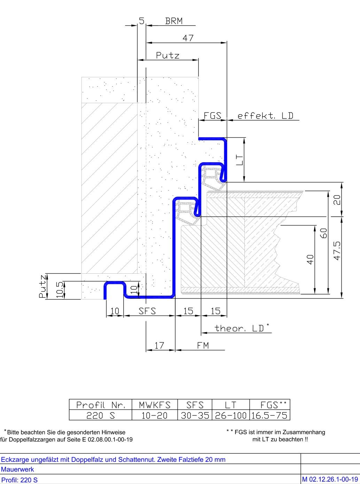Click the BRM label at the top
pos(174,21)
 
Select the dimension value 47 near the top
pos(188,38)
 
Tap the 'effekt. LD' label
pos(265,116)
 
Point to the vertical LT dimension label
pos(239,160)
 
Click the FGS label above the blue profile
pos(212,116)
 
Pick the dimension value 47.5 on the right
pos(337,251)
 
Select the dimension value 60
pos(324,233)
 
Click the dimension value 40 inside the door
pos(310,259)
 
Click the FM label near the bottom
pos(203,346)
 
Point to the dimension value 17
pos(159,346)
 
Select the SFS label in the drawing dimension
pos(147,311)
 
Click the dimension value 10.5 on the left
pos(60,290)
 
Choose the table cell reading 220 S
pos(101,415)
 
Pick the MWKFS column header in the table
pos(155,405)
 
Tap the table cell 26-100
pos(231,415)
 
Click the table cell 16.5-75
pos(269,415)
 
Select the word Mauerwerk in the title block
pos(17,469)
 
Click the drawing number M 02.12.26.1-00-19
pos(330,479)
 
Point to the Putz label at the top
pos(168,55)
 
